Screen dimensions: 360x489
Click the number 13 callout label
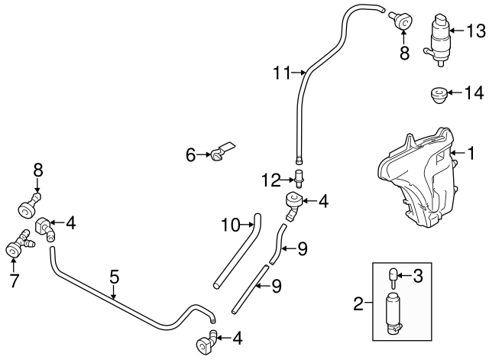click(475, 31)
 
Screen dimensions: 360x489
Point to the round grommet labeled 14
click(439, 96)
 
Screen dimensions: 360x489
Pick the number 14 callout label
click(474, 92)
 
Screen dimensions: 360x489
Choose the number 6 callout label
click(192, 155)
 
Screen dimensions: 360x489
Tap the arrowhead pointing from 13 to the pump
click(452, 31)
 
